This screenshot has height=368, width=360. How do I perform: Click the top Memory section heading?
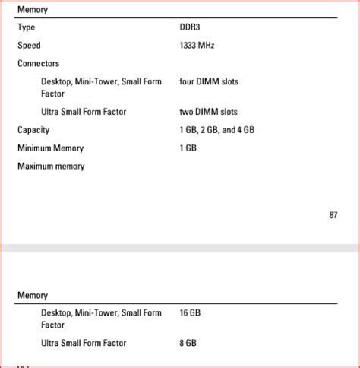33,10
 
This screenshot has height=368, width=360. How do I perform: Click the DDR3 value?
191,27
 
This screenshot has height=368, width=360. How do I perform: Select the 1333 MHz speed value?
197,46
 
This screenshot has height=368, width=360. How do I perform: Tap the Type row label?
27,27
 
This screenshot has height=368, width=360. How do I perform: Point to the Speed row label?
29,46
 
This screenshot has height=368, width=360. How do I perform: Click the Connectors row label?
38,64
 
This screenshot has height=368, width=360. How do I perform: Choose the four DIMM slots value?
209,81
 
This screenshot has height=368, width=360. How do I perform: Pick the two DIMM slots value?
208,112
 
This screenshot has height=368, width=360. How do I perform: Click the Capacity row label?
33,130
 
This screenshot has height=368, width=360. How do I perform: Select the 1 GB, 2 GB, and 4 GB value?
217,130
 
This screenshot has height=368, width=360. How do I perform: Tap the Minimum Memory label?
50,148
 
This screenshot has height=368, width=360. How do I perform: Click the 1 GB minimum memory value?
188,148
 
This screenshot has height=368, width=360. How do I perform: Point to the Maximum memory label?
51,167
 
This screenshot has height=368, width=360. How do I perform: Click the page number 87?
333,215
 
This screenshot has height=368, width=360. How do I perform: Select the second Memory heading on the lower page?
33,295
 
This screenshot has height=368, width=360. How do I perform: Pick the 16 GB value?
190,312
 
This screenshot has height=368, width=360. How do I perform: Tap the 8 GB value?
188,343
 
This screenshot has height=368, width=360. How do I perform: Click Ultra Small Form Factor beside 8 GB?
84,343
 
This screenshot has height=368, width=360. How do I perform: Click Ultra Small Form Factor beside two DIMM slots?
84,112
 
